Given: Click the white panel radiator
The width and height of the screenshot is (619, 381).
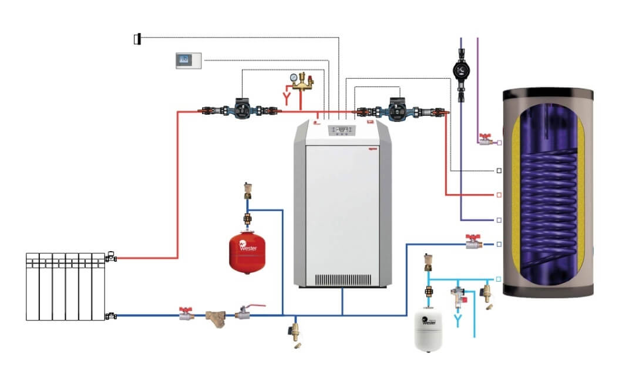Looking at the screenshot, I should [x=65, y=286].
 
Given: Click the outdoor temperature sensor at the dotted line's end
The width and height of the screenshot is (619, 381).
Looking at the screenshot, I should [x=137, y=39].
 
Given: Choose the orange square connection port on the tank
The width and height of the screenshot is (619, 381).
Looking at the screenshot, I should [x=499, y=194].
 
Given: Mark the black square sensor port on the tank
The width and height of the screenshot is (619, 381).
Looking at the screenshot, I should [x=499, y=171].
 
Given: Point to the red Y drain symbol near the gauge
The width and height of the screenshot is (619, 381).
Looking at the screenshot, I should [x=287, y=97].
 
